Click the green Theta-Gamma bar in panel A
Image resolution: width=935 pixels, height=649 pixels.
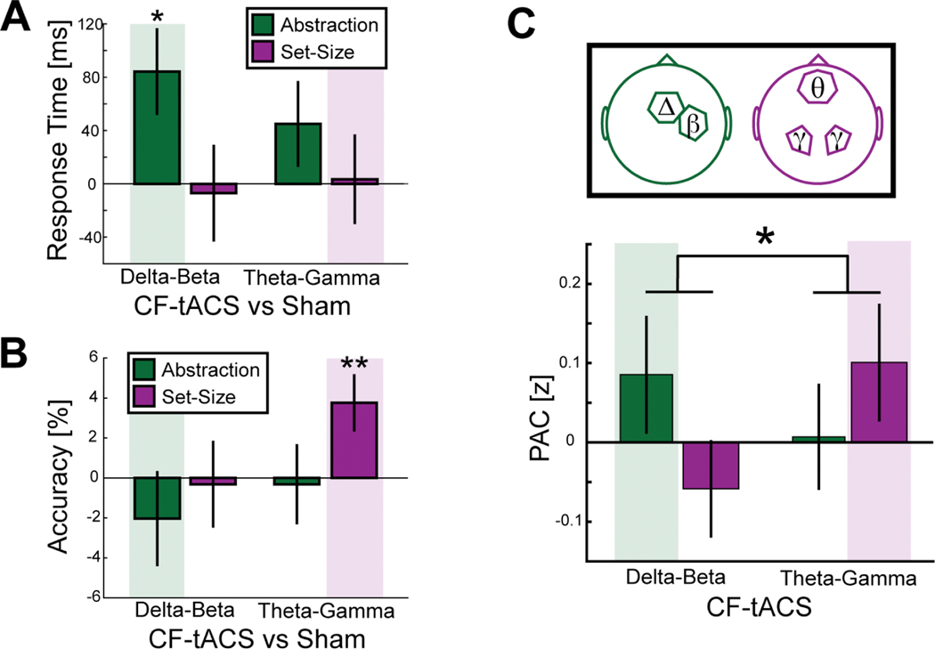297,153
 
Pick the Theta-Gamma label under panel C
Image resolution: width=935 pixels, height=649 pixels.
850,578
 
